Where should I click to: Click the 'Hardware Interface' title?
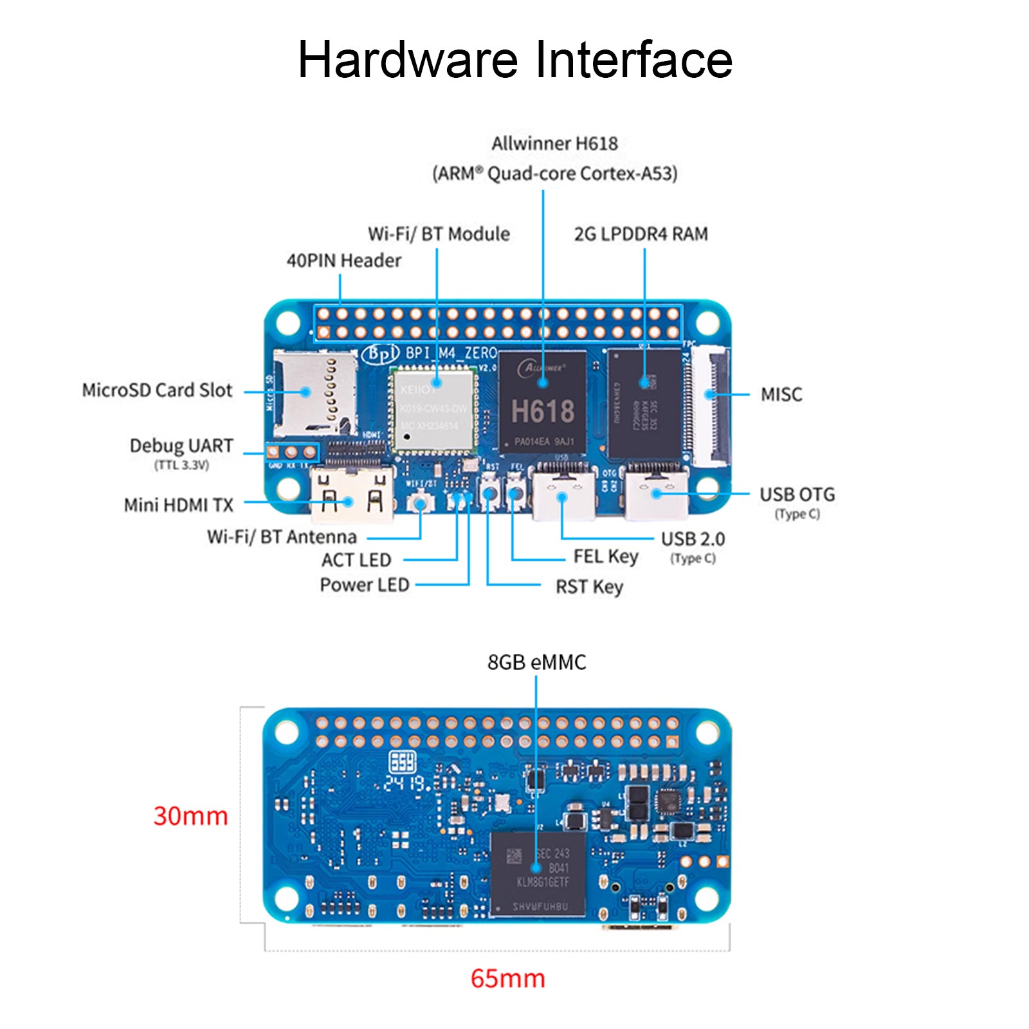pos(514,60)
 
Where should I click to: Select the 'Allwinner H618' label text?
pos(554,143)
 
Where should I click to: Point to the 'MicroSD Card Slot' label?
pos(157,390)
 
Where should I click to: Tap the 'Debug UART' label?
pos(181,446)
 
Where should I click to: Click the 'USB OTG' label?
pos(797,495)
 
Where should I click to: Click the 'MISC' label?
pos(781,394)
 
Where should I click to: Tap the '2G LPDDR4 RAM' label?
pos(641,234)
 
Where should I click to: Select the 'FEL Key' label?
pos(605,556)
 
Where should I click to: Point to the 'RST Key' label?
pos(589,587)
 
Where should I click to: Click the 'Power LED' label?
pos(364,585)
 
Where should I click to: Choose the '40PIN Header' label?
pos(343,260)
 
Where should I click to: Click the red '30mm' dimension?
pos(190,815)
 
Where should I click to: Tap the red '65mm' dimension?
pos(507,978)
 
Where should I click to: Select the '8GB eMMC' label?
pos(536,662)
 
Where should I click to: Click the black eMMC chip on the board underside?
pos(538,873)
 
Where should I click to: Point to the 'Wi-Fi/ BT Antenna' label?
pos(282,536)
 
